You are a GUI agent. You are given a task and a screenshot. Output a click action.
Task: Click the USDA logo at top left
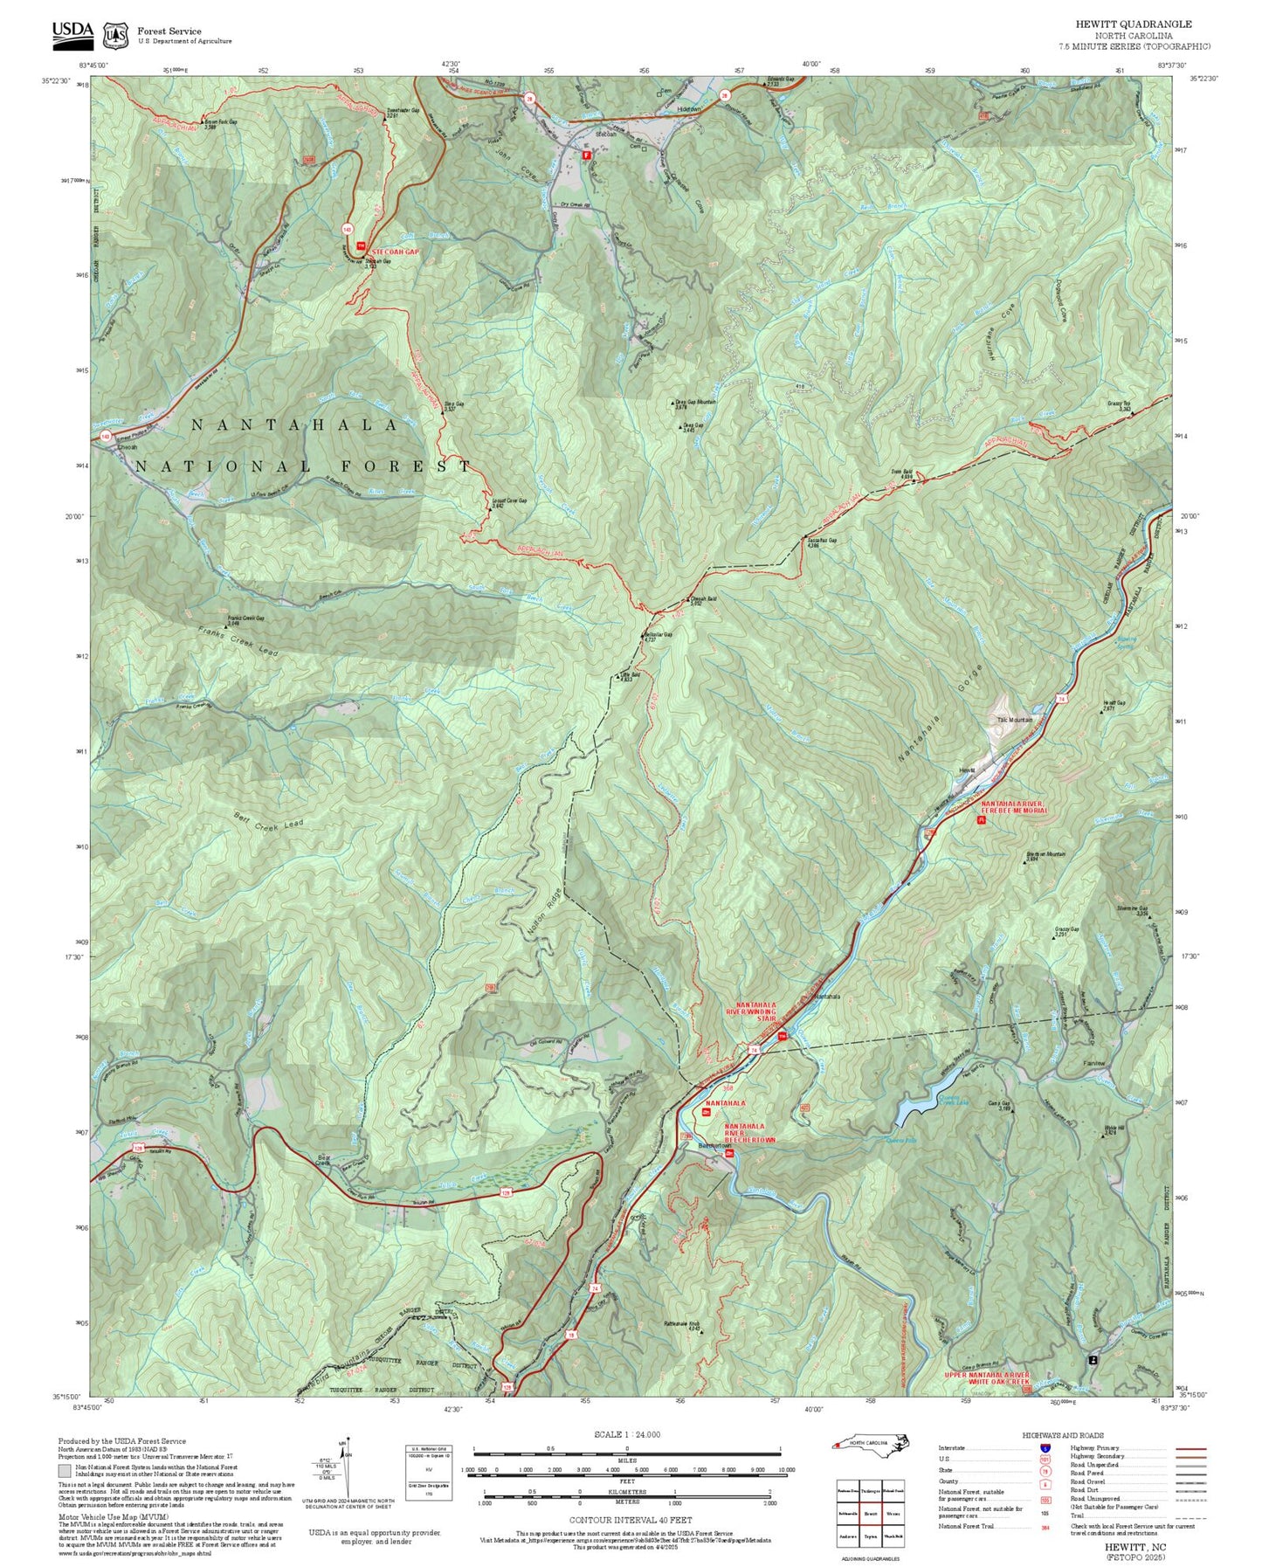[x=72, y=31]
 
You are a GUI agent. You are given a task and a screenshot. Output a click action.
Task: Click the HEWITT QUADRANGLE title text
[x=1134, y=24]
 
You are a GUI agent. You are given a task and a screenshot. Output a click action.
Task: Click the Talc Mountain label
[x=1015, y=721]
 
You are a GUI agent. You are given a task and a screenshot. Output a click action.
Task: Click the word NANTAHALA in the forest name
[x=295, y=425]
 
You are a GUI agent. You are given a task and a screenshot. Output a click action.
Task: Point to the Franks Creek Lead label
[x=238, y=643]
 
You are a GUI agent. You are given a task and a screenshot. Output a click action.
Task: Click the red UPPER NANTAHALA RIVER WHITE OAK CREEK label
[x=987, y=1378]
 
